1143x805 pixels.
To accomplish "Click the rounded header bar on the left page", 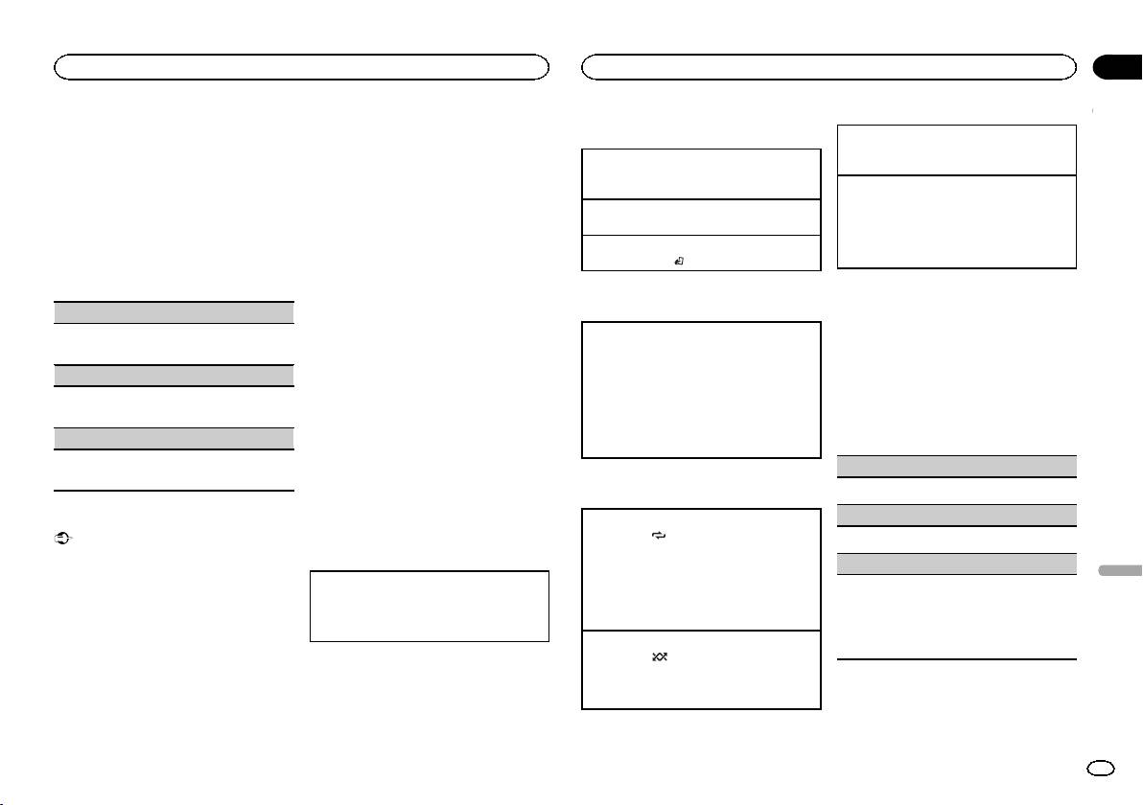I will (301, 67).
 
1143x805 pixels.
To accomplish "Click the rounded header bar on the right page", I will (828, 67).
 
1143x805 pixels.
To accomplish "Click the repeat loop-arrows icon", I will (658, 538).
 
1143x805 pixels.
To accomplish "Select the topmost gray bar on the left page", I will (173, 312).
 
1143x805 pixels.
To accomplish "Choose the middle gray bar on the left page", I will (173, 376).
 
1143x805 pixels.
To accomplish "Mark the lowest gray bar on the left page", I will (173, 439).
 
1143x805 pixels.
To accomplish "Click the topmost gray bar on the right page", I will (956, 466).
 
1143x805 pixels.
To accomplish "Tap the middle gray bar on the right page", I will (956, 515).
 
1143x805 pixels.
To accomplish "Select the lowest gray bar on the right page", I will (956, 563).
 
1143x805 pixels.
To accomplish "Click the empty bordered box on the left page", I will (429, 607).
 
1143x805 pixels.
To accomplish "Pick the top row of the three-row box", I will (701, 172).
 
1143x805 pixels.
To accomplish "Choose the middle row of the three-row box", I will (701, 216).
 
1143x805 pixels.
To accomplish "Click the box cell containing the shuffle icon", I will (701, 669).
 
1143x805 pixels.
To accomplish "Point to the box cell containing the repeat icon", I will (701, 568).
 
